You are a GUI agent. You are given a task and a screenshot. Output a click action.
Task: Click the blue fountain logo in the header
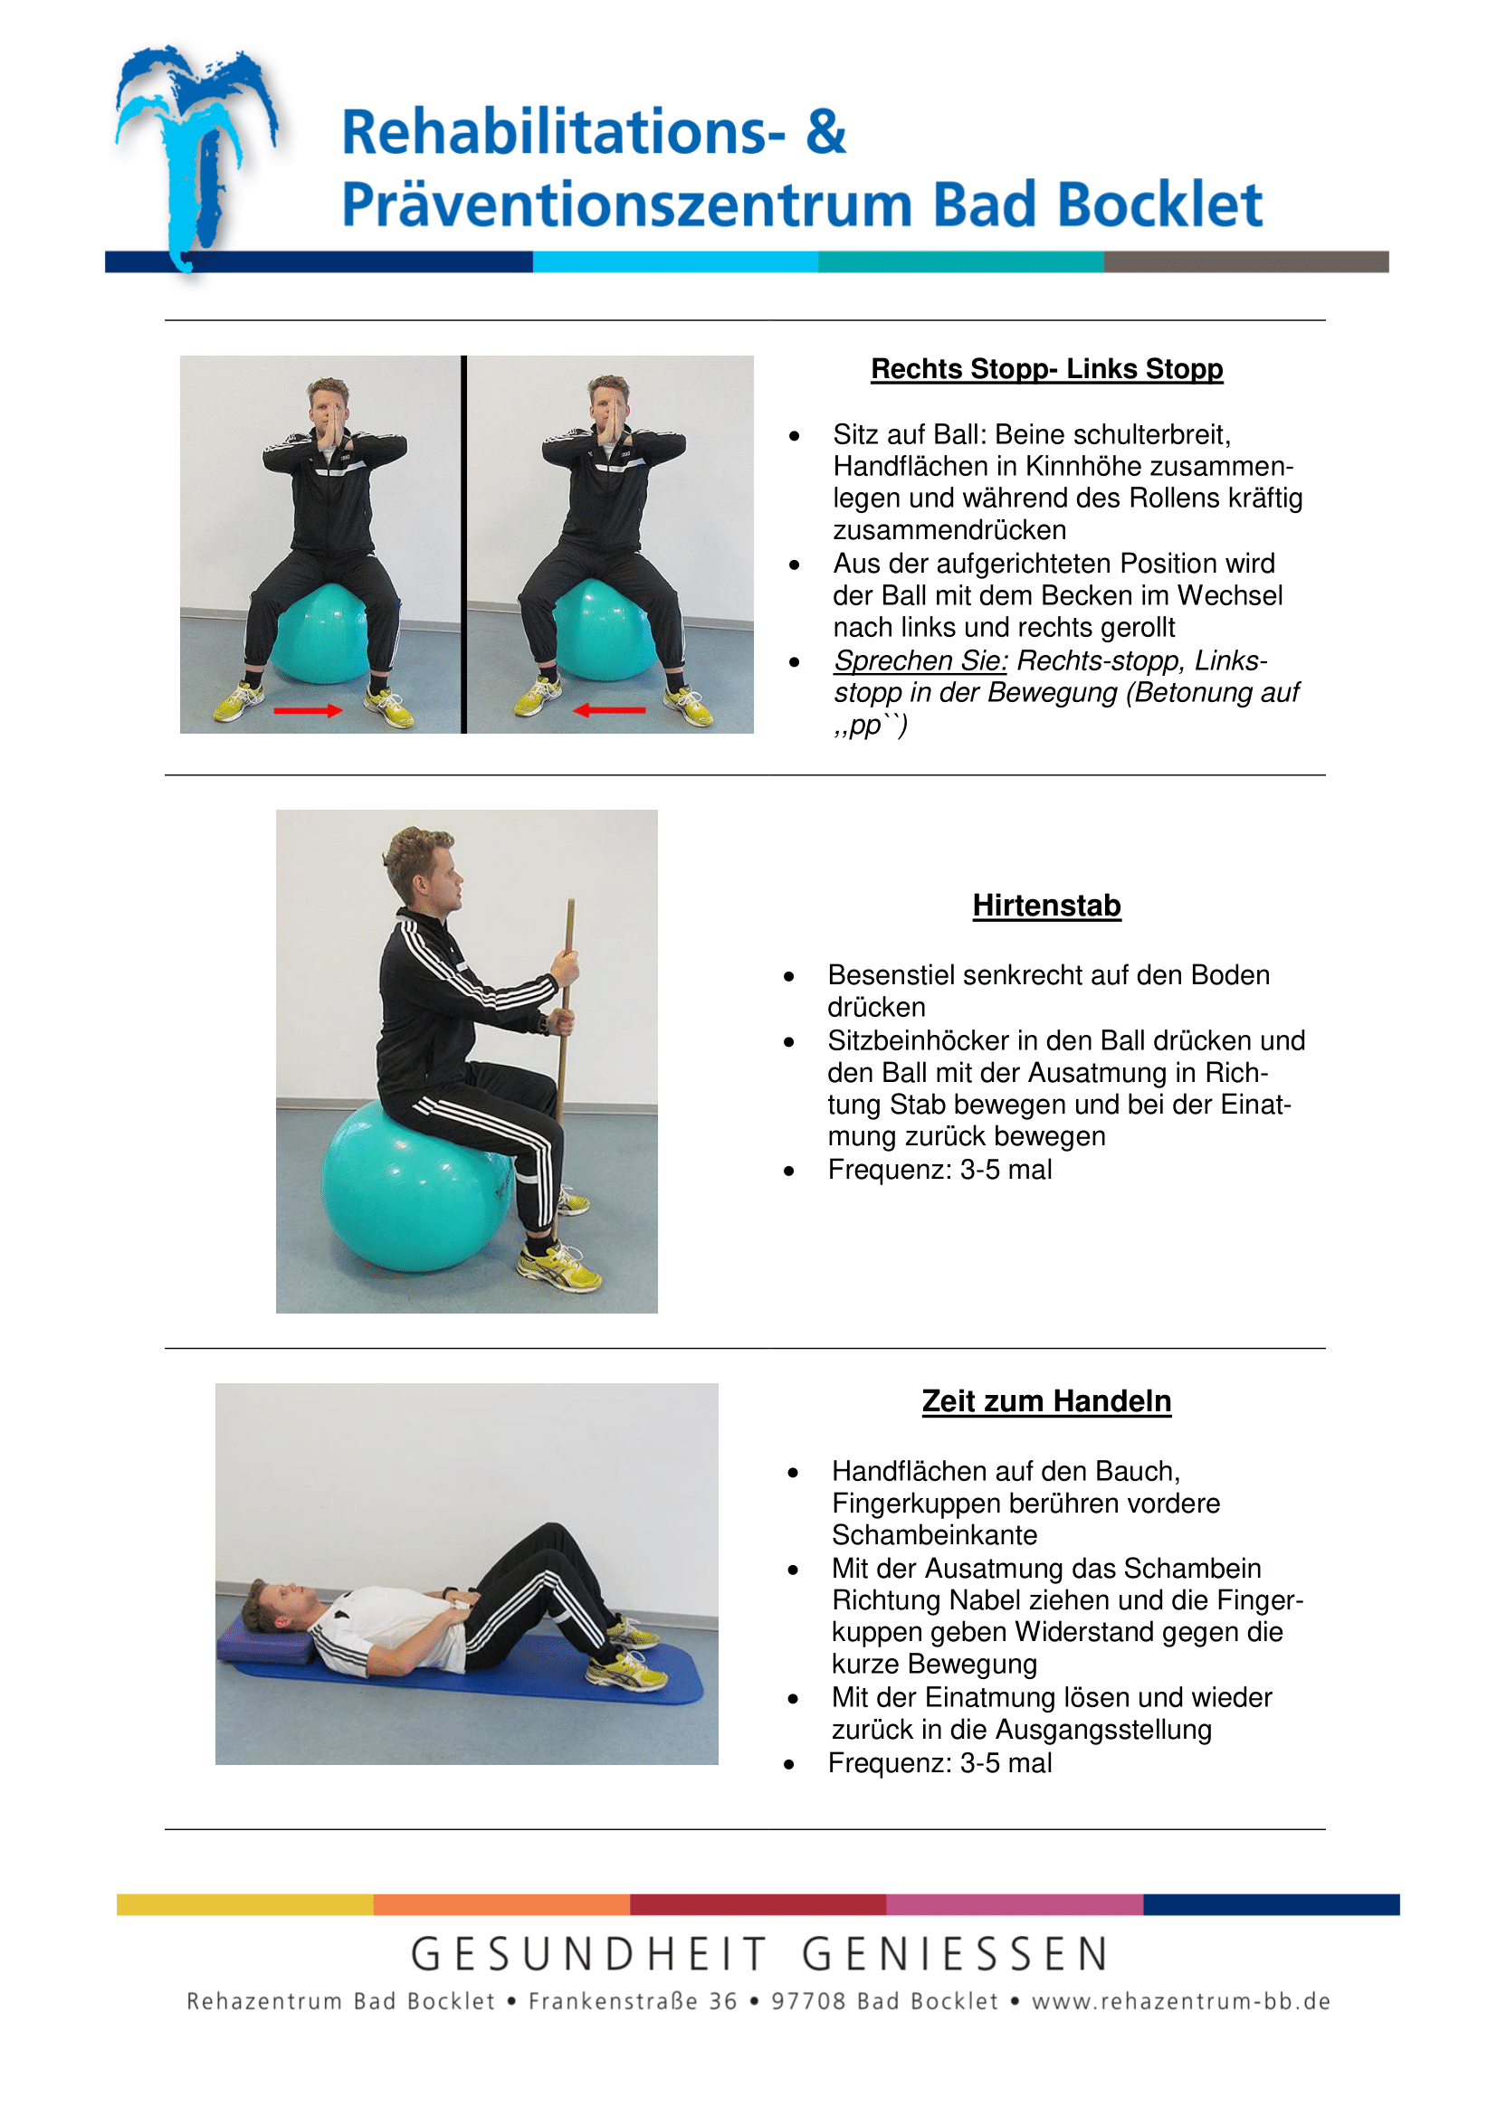tap(195, 157)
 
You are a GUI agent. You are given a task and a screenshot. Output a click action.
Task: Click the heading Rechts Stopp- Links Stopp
tap(1046, 368)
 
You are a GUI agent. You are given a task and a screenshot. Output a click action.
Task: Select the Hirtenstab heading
tap(1046, 905)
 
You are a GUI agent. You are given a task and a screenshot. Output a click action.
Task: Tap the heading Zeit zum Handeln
tap(1046, 1400)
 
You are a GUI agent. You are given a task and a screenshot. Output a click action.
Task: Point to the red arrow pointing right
tap(308, 710)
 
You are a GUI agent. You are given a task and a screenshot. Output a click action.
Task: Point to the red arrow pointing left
tap(608, 709)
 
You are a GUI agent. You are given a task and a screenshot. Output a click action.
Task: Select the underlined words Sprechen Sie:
tap(920, 660)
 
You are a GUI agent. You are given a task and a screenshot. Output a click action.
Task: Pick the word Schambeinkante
tap(934, 1535)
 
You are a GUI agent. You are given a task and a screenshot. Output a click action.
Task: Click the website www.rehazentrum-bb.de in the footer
tap(1181, 2002)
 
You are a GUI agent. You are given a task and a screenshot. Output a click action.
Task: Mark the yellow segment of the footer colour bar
tap(245, 1904)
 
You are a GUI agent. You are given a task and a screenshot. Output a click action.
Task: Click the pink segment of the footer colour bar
tap(1015, 1904)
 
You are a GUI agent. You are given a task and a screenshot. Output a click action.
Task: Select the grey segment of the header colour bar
tap(1246, 261)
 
